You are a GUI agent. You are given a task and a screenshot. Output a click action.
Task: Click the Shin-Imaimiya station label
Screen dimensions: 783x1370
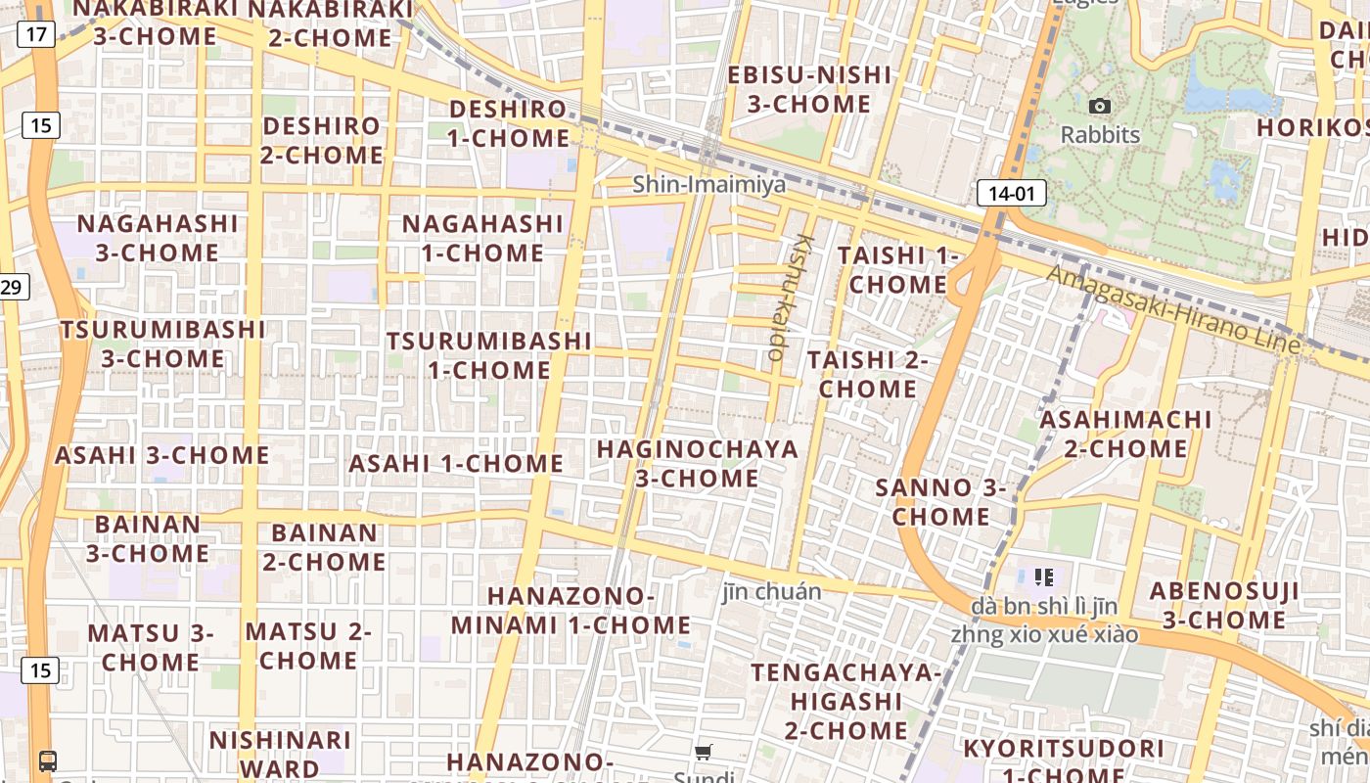coord(708,184)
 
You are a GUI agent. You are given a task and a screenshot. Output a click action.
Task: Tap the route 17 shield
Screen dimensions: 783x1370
coord(36,35)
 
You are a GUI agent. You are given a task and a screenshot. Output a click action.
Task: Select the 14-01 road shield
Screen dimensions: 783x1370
coord(1011,193)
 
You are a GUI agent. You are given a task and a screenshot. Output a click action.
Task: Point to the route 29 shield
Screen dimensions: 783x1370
coord(12,287)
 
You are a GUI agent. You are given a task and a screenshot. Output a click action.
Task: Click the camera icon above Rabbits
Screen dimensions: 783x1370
coord(1100,106)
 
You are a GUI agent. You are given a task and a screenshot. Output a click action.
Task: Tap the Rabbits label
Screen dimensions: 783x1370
coord(1100,134)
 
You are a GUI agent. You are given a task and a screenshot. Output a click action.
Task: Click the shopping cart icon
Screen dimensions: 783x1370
coord(704,752)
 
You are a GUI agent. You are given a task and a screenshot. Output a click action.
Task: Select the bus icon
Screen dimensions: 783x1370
coord(47,760)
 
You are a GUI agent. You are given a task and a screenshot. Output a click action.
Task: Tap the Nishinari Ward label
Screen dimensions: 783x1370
coord(280,754)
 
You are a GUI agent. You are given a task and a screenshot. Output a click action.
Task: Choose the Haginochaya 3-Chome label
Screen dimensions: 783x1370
coord(697,464)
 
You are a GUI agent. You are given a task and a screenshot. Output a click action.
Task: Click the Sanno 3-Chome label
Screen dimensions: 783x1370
coord(941,502)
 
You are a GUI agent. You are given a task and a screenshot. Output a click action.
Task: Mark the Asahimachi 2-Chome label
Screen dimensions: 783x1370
coord(1125,434)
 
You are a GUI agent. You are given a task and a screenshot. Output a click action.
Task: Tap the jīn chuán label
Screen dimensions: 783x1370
coord(771,591)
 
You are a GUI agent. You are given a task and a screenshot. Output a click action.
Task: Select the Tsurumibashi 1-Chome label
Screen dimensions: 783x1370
coord(489,355)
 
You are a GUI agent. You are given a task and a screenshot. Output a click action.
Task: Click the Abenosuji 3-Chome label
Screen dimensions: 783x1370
coord(1223,605)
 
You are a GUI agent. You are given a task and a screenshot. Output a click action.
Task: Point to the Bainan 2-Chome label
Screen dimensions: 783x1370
coord(324,547)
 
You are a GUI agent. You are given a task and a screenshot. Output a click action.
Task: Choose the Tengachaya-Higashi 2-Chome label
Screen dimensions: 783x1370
coord(845,701)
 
